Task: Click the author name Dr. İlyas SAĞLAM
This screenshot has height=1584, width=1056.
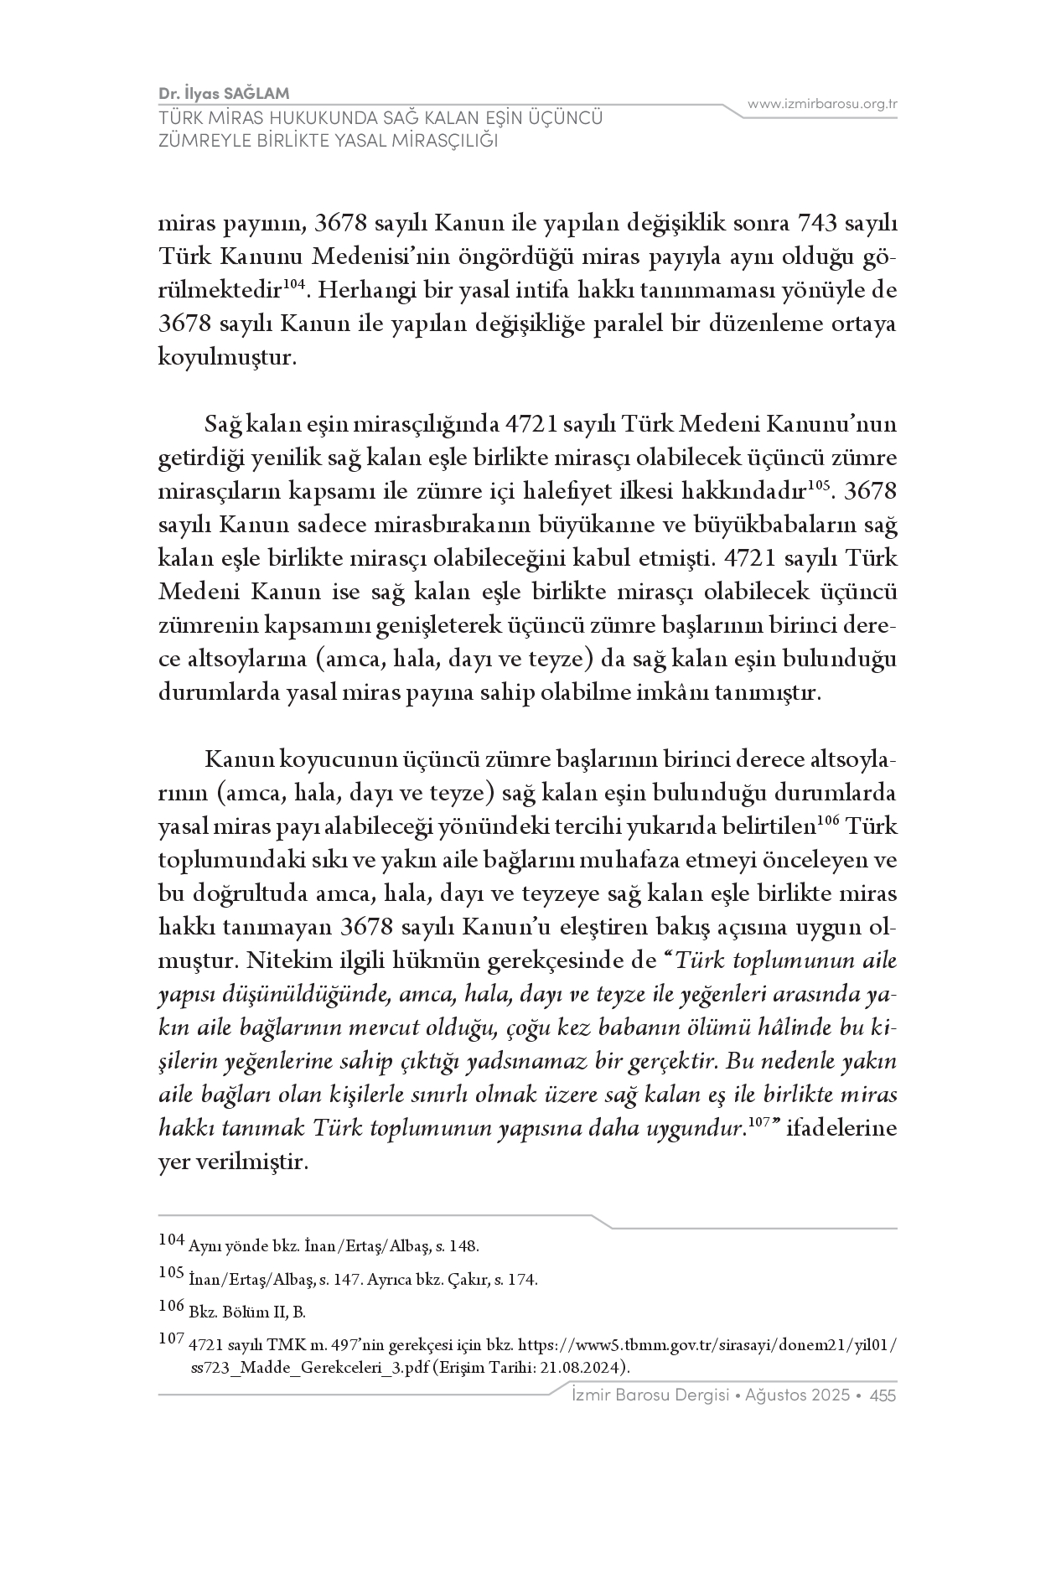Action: pyautogui.click(x=224, y=93)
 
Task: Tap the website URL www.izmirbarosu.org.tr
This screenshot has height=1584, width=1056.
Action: pyautogui.click(x=822, y=104)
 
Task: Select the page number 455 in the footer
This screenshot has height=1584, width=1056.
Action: pyautogui.click(x=883, y=1395)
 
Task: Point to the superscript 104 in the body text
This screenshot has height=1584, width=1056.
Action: pyautogui.click(x=292, y=285)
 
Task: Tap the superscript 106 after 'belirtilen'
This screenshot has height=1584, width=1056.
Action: pyautogui.click(x=829, y=820)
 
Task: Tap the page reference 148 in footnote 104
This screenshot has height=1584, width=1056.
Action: pyautogui.click(x=463, y=1246)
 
